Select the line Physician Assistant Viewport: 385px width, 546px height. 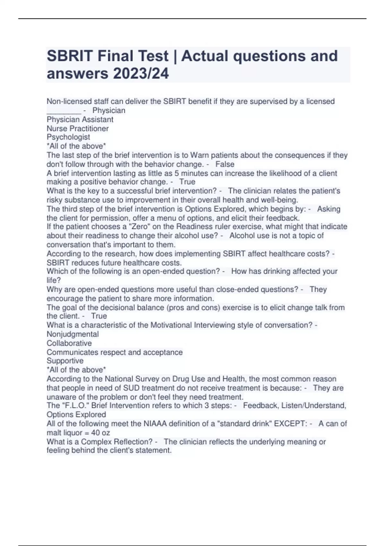tap(80, 119)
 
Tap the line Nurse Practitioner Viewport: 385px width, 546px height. tap(78, 128)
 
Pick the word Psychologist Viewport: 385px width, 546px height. tap(68, 137)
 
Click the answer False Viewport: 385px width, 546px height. tap(225, 164)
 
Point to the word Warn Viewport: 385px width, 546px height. tap(199, 155)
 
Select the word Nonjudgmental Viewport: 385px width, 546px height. tap(73, 334)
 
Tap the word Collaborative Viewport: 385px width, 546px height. tap(69, 343)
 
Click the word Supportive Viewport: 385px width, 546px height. tap(65, 361)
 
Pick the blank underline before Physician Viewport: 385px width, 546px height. tap(64, 111)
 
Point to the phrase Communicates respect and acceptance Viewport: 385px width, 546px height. tap(115, 352)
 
